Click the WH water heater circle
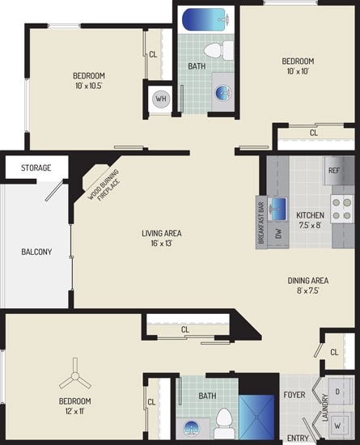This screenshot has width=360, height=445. coord(161,99)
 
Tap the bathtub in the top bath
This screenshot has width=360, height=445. coord(204,19)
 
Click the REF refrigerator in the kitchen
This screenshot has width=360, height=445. coord(339,170)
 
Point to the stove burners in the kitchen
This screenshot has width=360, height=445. coord(342,209)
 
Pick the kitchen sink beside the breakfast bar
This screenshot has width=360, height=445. coord(278,210)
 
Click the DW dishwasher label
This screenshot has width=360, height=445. coord(278,233)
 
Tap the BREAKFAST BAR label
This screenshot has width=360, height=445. coord(261,223)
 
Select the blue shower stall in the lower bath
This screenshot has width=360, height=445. coord(256,417)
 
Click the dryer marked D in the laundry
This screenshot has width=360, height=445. coord(339,392)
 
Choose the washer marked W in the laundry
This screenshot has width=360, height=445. coord(339,425)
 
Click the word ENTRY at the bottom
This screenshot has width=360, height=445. coord(298,439)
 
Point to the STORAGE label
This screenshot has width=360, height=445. coord(36,167)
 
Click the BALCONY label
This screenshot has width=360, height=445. coord(36,252)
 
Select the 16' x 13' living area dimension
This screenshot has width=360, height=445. coord(162,244)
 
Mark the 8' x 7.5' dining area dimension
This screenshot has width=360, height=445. coord(308,290)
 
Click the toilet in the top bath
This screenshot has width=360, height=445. coord(218,50)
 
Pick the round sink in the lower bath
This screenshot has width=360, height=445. coord(192,427)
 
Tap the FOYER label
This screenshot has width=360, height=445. coord(294,395)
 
